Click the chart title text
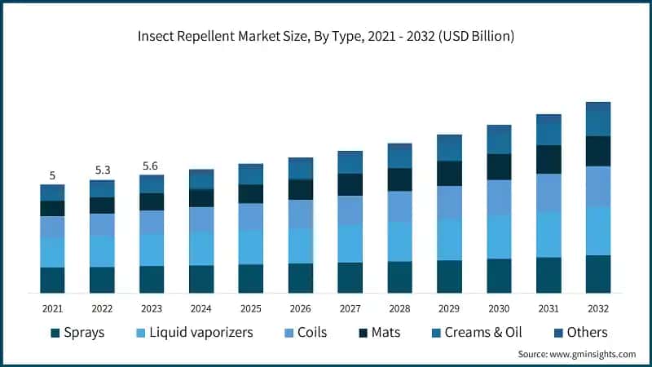326,37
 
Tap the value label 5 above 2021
52,175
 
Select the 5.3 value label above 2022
102,170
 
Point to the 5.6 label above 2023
152,165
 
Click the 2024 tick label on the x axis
201,309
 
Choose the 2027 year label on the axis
350,309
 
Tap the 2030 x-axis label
499,309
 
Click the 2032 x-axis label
598,309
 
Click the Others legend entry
578,332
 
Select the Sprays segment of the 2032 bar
598,274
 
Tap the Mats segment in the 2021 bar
52,209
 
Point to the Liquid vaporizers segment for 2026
301,245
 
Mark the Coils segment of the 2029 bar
449,202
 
